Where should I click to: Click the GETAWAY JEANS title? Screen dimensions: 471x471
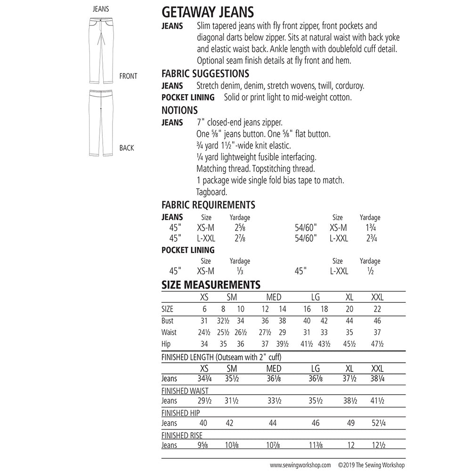208,11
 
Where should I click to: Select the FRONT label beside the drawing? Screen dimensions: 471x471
128,76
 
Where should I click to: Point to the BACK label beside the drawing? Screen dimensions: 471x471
127,148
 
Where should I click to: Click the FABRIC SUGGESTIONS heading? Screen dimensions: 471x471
205,74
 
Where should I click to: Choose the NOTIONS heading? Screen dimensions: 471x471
179,110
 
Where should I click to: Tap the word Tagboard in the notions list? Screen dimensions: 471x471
212,192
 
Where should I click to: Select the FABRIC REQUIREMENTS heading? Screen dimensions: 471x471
208,205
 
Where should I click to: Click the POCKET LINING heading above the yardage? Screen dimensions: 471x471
188,250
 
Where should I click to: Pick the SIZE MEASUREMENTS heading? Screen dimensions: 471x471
211,285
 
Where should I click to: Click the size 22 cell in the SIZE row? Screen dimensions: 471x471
377,309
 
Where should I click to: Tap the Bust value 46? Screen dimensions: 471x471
377,321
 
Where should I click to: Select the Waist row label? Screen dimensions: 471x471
169,333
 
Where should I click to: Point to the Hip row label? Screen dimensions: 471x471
166,344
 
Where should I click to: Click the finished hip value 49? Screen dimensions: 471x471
350,423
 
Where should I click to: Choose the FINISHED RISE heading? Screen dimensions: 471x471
182,436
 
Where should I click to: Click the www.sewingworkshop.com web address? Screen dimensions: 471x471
300,463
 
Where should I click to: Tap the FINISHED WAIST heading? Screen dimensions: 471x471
185,391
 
